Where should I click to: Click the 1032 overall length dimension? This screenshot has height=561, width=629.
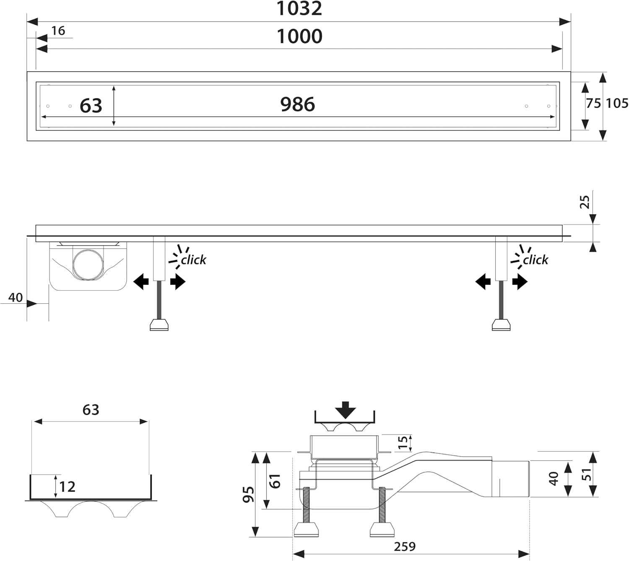299,9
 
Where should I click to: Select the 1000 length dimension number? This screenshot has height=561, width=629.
299,36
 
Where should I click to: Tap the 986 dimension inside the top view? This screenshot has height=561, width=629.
297,104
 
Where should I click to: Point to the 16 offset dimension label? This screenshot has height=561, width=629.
58,31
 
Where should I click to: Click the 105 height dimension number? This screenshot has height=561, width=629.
617,103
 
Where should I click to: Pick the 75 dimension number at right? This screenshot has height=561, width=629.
593,103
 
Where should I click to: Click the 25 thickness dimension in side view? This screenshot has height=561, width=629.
585,202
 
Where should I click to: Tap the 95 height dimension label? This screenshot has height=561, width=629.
248,494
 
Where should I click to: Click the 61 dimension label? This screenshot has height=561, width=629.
275,481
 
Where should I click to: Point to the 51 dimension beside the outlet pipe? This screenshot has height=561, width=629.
587,474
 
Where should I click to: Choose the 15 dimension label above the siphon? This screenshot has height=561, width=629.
403,442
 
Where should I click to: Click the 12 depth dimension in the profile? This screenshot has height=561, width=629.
67,487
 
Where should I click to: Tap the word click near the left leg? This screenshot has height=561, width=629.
193,260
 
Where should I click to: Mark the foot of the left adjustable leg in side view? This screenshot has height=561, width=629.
159,325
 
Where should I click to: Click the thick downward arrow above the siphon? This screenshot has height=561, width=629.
345,410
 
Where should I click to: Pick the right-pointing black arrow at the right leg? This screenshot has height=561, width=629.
520,282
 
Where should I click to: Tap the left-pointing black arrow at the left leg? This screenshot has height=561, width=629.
141,282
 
